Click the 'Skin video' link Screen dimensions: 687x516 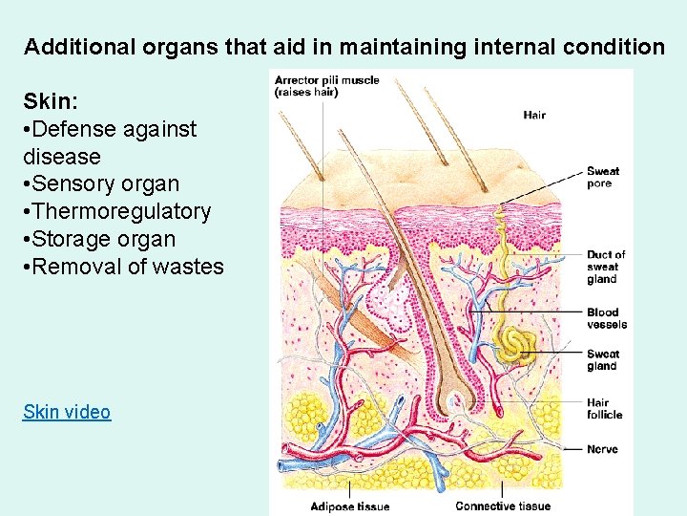(x=67, y=412)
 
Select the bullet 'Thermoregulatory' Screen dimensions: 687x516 (x=121, y=211)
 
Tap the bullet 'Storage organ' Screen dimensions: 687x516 (x=104, y=239)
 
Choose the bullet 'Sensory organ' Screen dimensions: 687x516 (x=106, y=183)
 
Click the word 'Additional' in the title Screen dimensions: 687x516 (x=74, y=46)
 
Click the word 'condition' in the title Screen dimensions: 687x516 (x=617, y=46)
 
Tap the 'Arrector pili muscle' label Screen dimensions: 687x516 (x=325, y=80)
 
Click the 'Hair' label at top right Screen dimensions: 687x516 (x=534, y=116)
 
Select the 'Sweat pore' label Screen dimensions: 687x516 (x=602, y=177)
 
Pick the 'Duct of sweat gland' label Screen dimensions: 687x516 (x=606, y=267)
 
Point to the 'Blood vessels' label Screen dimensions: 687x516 (x=607, y=318)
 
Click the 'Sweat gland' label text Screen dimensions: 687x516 (x=602, y=359)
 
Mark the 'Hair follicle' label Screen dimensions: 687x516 (x=605, y=408)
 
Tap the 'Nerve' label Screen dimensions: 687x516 (x=602, y=448)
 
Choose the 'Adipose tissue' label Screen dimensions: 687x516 (x=350, y=505)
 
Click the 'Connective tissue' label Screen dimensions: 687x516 (x=503, y=505)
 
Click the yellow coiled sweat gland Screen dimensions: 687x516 (x=513, y=344)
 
